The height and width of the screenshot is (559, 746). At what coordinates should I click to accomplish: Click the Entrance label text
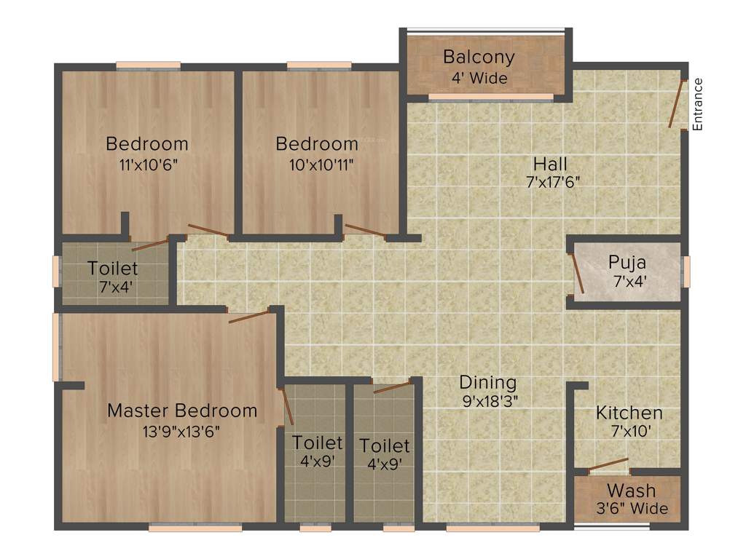point(697,104)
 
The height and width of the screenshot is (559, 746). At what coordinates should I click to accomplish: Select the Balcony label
point(479,57)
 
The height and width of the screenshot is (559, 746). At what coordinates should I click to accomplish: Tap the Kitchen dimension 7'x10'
point(629,431)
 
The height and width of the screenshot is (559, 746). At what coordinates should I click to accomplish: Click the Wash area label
point(631,491)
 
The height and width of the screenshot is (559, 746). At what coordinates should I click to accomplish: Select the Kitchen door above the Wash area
point(608,464)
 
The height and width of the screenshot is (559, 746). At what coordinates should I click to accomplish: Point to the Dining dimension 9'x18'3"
point(488,400)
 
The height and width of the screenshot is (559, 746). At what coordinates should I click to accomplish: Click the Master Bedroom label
point(182,411)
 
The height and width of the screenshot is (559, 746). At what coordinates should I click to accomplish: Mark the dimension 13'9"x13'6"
point(182,431)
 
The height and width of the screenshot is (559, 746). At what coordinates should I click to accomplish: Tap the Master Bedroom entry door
point(250,315)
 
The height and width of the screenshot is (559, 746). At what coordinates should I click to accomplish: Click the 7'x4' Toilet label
point(113,269)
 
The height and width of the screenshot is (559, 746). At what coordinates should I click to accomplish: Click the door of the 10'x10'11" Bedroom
point(365,231)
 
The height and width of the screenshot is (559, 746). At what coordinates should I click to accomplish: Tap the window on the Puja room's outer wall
point(686,269)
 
